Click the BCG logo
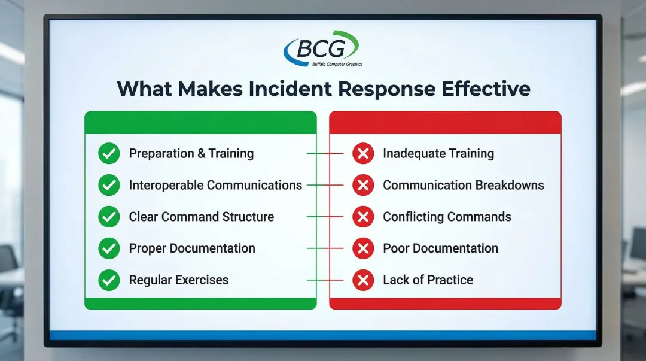[322, 48]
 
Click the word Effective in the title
[486, 89]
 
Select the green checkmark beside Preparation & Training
[109, 153]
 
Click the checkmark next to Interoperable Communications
[109, 185]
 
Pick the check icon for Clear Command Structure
[109, 217]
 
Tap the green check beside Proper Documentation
[109, 248]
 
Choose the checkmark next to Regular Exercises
[109, 280]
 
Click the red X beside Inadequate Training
[363, 153]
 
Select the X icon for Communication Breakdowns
[363, 185]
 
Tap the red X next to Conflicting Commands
[363, 217]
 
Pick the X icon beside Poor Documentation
[363, 248]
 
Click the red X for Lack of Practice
[363, 280]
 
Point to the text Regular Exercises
[179, 280]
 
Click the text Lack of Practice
[428, 280]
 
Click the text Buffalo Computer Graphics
[337, 65]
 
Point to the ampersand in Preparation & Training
[201, 153]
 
